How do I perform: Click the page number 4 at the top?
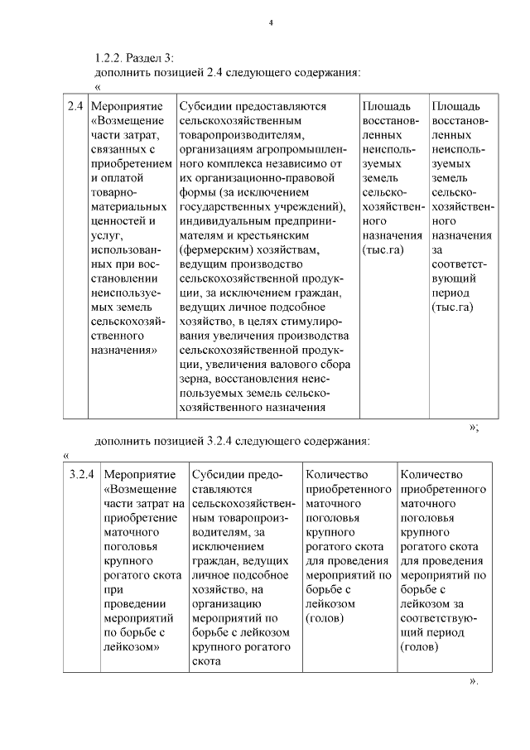271,22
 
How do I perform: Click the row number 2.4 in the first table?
75,107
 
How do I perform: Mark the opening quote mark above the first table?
99,85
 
